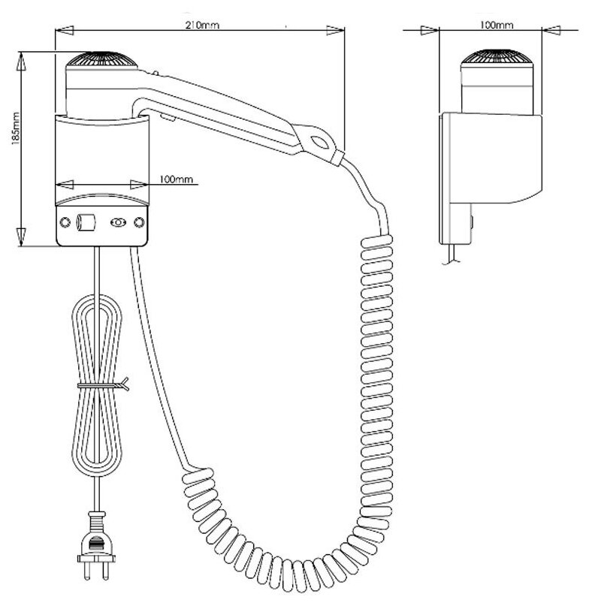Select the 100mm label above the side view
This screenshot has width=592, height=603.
click(495, 25)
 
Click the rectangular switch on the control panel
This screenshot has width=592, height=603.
click(86, 223)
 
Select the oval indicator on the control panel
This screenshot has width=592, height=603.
click(118, 223)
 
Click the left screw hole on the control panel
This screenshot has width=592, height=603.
click(65, 223)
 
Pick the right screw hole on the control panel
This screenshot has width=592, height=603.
click(138, 223)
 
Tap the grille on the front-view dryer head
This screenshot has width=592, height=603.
click(103, 59)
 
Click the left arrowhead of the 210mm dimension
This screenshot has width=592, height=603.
click(60, 31)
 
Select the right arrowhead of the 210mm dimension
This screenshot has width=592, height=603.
click(340, 31)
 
